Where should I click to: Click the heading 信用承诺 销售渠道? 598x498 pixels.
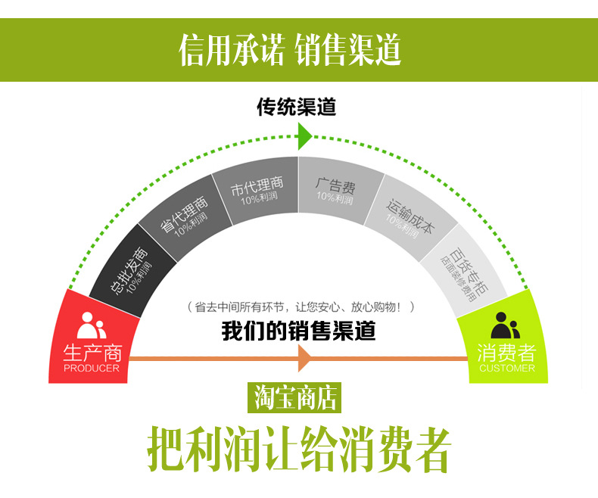coord(291,50)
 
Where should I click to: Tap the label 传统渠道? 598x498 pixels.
coord(296,107)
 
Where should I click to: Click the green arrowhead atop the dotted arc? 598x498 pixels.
coord(304,136)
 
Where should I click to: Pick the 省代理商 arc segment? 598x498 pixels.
coord(185,218)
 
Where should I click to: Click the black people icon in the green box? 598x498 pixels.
coord(506,325)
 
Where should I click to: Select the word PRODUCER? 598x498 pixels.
coord(92,369)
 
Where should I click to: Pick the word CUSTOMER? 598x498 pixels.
coord(506,369)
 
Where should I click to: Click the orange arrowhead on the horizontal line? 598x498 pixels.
coord(305,356)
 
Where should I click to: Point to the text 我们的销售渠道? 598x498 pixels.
coord(298,331)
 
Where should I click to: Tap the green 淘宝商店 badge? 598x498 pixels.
coord(294,398)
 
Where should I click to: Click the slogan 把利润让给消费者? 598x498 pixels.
coord(298,450)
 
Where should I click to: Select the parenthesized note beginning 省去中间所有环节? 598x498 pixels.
coord(301,307)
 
